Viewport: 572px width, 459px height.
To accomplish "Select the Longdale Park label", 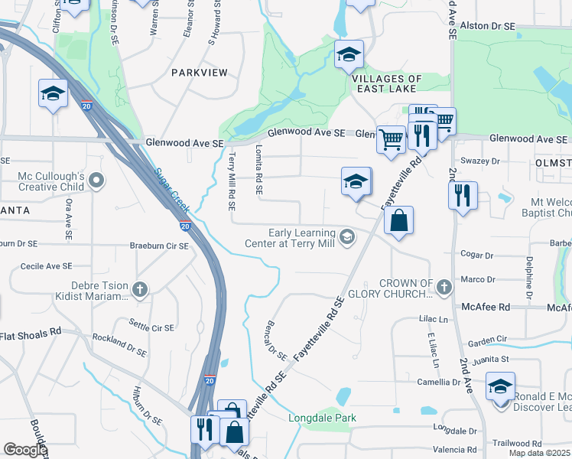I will pos(322,418).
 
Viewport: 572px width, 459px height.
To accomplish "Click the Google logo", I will pos(24,450).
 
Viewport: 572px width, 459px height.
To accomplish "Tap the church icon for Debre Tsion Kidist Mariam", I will pos(139,289).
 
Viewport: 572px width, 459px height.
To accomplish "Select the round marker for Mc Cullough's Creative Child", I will pos(96,181).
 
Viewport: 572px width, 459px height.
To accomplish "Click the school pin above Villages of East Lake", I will pos(349,54).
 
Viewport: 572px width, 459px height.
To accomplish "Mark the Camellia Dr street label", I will pos(459,382).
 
